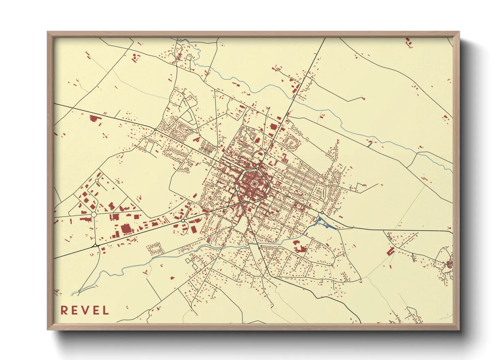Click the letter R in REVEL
64,310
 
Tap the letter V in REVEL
84,310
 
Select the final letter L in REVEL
106,310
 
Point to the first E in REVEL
74,310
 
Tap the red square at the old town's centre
254,184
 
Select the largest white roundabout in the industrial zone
93,215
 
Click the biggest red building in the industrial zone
126,229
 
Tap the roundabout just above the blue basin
322,213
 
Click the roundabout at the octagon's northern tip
257,168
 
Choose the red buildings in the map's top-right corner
408,43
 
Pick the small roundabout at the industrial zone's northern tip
97,180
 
